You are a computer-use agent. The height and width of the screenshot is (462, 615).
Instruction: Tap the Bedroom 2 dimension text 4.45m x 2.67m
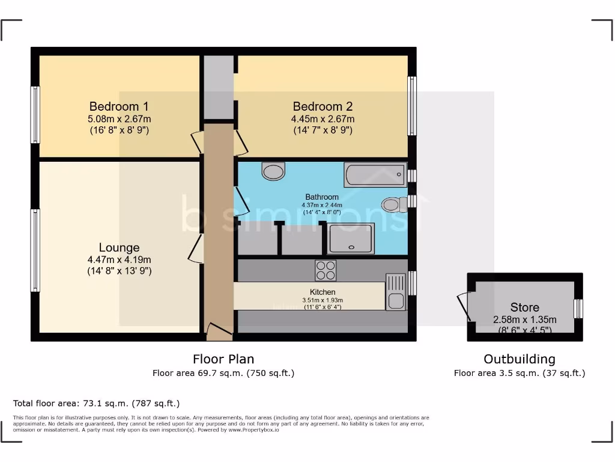coord(323,119)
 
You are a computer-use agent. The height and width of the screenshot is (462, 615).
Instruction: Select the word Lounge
coord(119,247)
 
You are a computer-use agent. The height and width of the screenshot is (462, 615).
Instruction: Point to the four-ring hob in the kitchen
coord(326,270)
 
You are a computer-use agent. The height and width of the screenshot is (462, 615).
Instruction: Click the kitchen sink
coord(396,291)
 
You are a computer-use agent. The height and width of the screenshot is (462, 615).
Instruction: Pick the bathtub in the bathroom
coord(375,174)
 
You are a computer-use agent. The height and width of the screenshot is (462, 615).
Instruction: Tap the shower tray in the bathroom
coord(351,238)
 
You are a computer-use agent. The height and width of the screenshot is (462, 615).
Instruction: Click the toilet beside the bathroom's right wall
coord(393,205)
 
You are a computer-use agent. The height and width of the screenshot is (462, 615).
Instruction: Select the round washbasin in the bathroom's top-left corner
coord(273,171)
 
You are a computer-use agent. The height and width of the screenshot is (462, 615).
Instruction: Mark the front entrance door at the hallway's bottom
coord(218,329)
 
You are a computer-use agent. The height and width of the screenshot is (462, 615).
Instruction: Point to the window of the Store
coord(578,308)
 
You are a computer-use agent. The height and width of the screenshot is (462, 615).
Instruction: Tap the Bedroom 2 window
coord(412,106)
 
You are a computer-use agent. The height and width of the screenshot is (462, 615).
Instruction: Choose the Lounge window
coord(35,250)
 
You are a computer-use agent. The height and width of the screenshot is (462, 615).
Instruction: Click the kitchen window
coord(412,283)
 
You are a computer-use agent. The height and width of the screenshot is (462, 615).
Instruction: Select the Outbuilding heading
coord(519,359)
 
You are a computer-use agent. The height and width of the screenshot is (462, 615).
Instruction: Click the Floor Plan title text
coord(223,359)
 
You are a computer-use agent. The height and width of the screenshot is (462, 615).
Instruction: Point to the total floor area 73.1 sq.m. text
coord(96,403)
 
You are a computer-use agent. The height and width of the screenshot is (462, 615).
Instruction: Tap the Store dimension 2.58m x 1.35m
coord(524,319)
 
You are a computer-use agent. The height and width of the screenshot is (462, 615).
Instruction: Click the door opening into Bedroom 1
coord(197,142)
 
